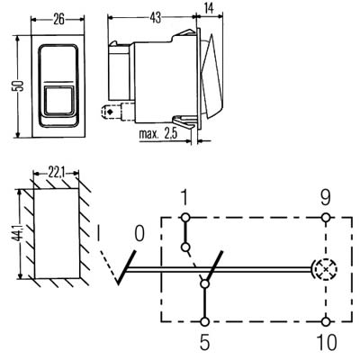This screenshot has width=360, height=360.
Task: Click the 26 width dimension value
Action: tap(58, 20)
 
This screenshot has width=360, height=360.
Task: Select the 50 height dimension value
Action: tap(18, 85)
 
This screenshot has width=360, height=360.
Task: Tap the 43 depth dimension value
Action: tap(155, 18)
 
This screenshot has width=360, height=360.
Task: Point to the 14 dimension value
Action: tap(209, 8)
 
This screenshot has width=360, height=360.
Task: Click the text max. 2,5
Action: tap(157, 134)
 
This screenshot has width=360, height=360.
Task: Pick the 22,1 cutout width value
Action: tap(56, 174)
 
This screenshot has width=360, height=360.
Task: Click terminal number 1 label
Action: tap(184, 198)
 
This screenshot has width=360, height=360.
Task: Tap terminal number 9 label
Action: tap(326, 198)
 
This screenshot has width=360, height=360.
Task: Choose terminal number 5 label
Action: tap(204, 342)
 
